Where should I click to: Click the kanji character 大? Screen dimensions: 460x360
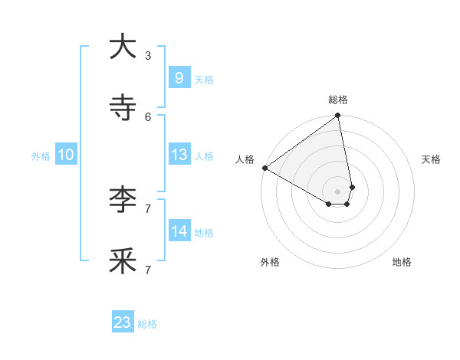pos(123,47)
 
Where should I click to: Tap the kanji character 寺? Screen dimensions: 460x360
pos(123,108)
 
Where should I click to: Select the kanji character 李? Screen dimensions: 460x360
pos(123,200)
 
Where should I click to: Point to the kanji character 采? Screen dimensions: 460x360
pos(123,261)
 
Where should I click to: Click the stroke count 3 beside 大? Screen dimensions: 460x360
pos(148,55)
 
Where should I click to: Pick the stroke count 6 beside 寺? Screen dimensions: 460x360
pos(148,116)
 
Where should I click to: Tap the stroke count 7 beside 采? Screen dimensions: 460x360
pos(148,270)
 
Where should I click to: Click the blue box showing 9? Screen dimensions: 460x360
pos(179,78)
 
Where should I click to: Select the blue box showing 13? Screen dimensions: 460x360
pos(179,155)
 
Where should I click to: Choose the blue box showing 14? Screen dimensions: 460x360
pos(179,231)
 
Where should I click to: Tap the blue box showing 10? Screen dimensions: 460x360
pos(66,155)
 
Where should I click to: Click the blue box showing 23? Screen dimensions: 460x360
pos(123,322)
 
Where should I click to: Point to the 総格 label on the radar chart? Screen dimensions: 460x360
pos(338,100)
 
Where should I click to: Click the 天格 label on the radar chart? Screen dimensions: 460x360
pos(432,159)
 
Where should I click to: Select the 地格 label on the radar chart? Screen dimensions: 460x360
pos(402,262)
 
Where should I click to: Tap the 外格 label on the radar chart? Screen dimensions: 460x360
pos(270,262)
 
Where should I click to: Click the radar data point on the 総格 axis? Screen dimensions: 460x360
pos(338,116)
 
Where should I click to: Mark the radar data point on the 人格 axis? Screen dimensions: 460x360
pos(264,168)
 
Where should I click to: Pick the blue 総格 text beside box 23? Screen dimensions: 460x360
pos(147,324)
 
